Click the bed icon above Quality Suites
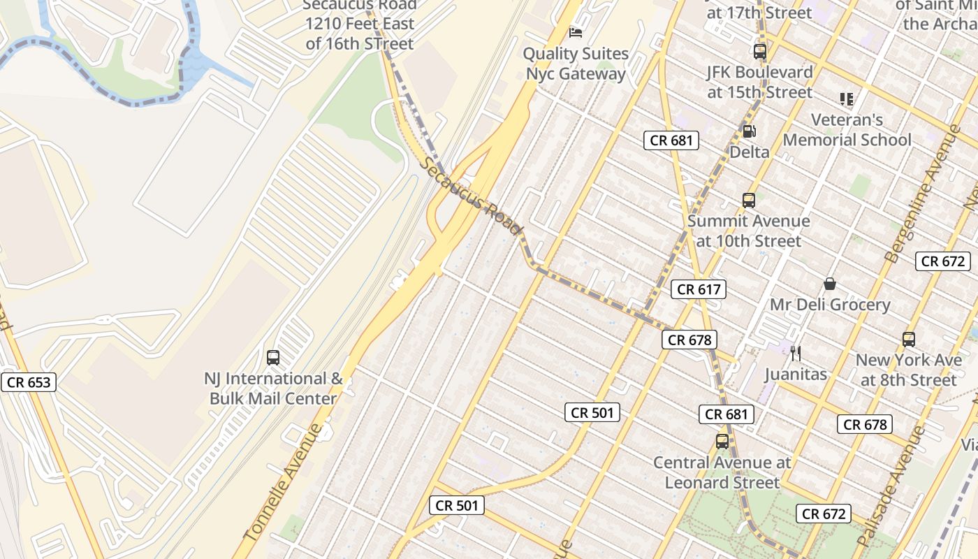coord(576,32)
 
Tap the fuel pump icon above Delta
coord(749,131)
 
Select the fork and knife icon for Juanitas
coord(795,354)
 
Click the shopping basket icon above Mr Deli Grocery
coord(830,284)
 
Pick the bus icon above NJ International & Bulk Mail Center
coord(273,358)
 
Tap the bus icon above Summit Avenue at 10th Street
coord(749,201)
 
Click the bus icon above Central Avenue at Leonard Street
coord(722,442)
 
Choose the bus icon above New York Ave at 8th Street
coord(909,340)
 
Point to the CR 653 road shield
coord(28,382)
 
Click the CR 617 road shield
coord(699,289)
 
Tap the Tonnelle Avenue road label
coord(285,482)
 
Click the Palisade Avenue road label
coord(890,486)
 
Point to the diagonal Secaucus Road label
coord(472,196)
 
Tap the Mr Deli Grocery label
coord(830,305)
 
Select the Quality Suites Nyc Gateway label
coord(576,64)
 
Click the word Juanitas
coord(795,374)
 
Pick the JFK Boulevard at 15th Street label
coord(760,82)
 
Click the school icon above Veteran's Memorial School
coord(847,99)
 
